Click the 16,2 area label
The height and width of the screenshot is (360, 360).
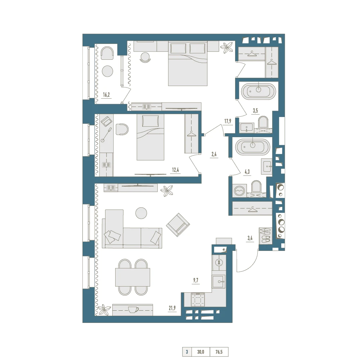(x=106, y=95)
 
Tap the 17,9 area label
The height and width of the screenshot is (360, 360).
(x=228, y=121)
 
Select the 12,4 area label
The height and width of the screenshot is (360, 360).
(x=175, y=170)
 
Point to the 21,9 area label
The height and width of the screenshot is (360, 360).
(x=172, y=308)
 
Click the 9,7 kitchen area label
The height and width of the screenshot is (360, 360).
(x=195, y=280)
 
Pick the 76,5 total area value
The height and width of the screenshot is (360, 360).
(x=219, y=352)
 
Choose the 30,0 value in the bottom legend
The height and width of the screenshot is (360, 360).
(x=201, y=352)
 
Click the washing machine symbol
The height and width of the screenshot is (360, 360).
(x=240, y=190)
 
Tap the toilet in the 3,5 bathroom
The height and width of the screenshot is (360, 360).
(x=263, y=122)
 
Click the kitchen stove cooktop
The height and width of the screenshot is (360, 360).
(x=198, y=299)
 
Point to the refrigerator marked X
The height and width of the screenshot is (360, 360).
(x=219, y=262)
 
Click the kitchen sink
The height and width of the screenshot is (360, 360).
(x=219, y=282)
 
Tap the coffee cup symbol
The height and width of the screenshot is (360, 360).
(x=133, y=310)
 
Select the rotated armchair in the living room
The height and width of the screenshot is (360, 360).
(x=178, y=225)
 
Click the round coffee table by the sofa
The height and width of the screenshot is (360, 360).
(x=141, y=213)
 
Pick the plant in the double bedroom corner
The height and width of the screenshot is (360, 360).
(x=226, y=48)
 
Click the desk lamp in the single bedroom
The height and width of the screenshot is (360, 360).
(x=106, y=135)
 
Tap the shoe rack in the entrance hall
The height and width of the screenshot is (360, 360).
(x=265, y=236)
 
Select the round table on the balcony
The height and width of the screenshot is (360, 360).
(x=107, y=71)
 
